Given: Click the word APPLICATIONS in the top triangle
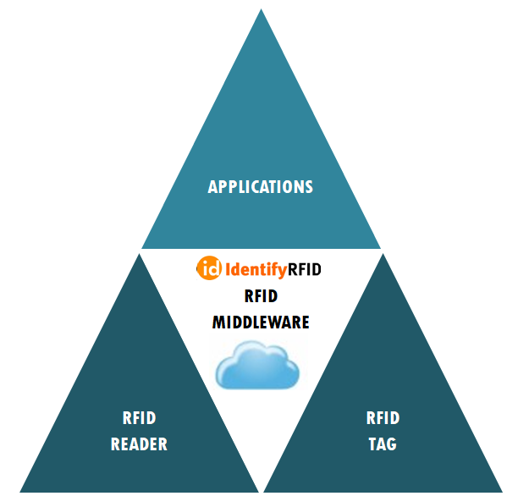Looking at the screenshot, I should pos(261,187).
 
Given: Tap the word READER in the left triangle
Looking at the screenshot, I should pos(139,444).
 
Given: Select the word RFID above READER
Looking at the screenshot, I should pos(139,418).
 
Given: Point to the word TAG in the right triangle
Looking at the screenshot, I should pos(383,444).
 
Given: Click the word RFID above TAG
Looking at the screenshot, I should pos(383,418).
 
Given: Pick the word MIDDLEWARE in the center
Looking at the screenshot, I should pos(261,322).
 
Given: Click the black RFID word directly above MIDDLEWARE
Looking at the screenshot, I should pos(261,296).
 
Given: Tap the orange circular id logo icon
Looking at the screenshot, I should pos(209,270).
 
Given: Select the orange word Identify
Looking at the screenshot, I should pos(256,271).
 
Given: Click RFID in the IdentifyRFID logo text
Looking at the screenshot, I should pos(305,271).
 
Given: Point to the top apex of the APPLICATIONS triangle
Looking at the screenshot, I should pos(261,10).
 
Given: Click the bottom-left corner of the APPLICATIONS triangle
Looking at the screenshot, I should pos(142,248).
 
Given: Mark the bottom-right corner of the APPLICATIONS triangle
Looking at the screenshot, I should pos(380,248).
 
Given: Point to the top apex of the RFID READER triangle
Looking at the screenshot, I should pos(139,254).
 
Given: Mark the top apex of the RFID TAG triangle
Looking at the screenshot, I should pos(383,254).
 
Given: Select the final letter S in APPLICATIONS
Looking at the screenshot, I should pos(309,187).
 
